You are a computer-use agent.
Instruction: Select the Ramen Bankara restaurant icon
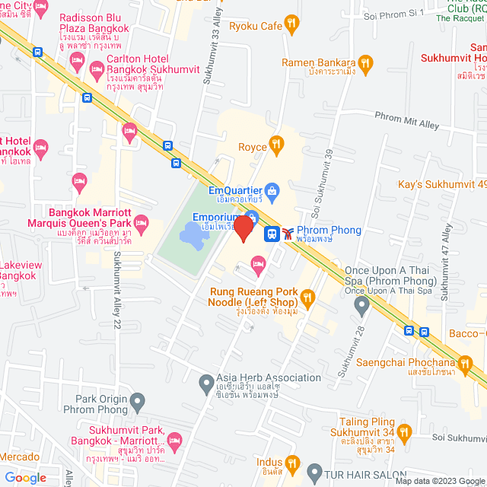tap(366, 62)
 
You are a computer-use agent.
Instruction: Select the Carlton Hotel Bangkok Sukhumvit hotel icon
tap(97, 70)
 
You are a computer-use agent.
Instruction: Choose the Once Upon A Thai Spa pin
tap(362, 305)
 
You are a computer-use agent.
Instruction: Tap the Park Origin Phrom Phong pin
tap(137, 400)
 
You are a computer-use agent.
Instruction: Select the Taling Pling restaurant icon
tap(404, 433)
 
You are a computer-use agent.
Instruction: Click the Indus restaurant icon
tap(292, 462)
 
